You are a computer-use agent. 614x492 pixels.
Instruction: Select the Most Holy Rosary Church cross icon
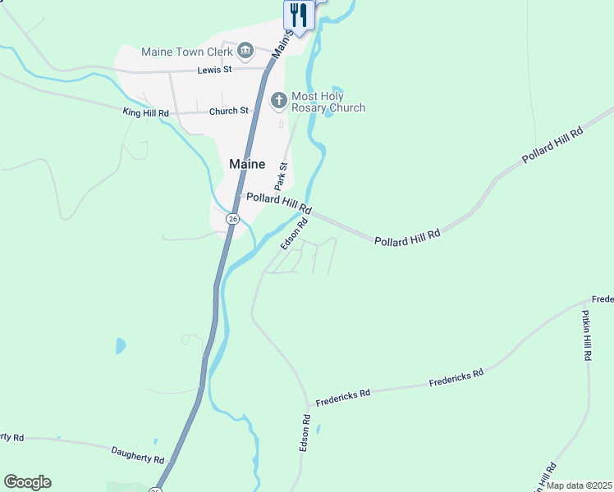[x=279, y=101]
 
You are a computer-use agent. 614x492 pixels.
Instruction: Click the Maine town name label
[x=247, y=164]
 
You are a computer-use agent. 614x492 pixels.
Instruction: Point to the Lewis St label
[x=216, y=71]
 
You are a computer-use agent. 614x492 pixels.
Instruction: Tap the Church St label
[x=228, y=111]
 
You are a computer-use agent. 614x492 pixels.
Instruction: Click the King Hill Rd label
[x=145, y=112]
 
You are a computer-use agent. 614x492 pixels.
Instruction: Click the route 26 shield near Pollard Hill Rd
[x=233, y=219]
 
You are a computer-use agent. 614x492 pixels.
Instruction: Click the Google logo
[x=27, y=481]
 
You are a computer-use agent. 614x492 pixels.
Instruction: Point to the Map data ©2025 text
[x=579, y=485]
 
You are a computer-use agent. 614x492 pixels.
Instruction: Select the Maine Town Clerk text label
[x=186, y=52]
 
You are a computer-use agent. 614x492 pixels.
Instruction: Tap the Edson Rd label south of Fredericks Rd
[x=305, y=432]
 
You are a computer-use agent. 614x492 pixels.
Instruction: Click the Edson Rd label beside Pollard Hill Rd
[x=294, y=234]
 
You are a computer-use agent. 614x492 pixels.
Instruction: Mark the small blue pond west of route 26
[x=121, y=345]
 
